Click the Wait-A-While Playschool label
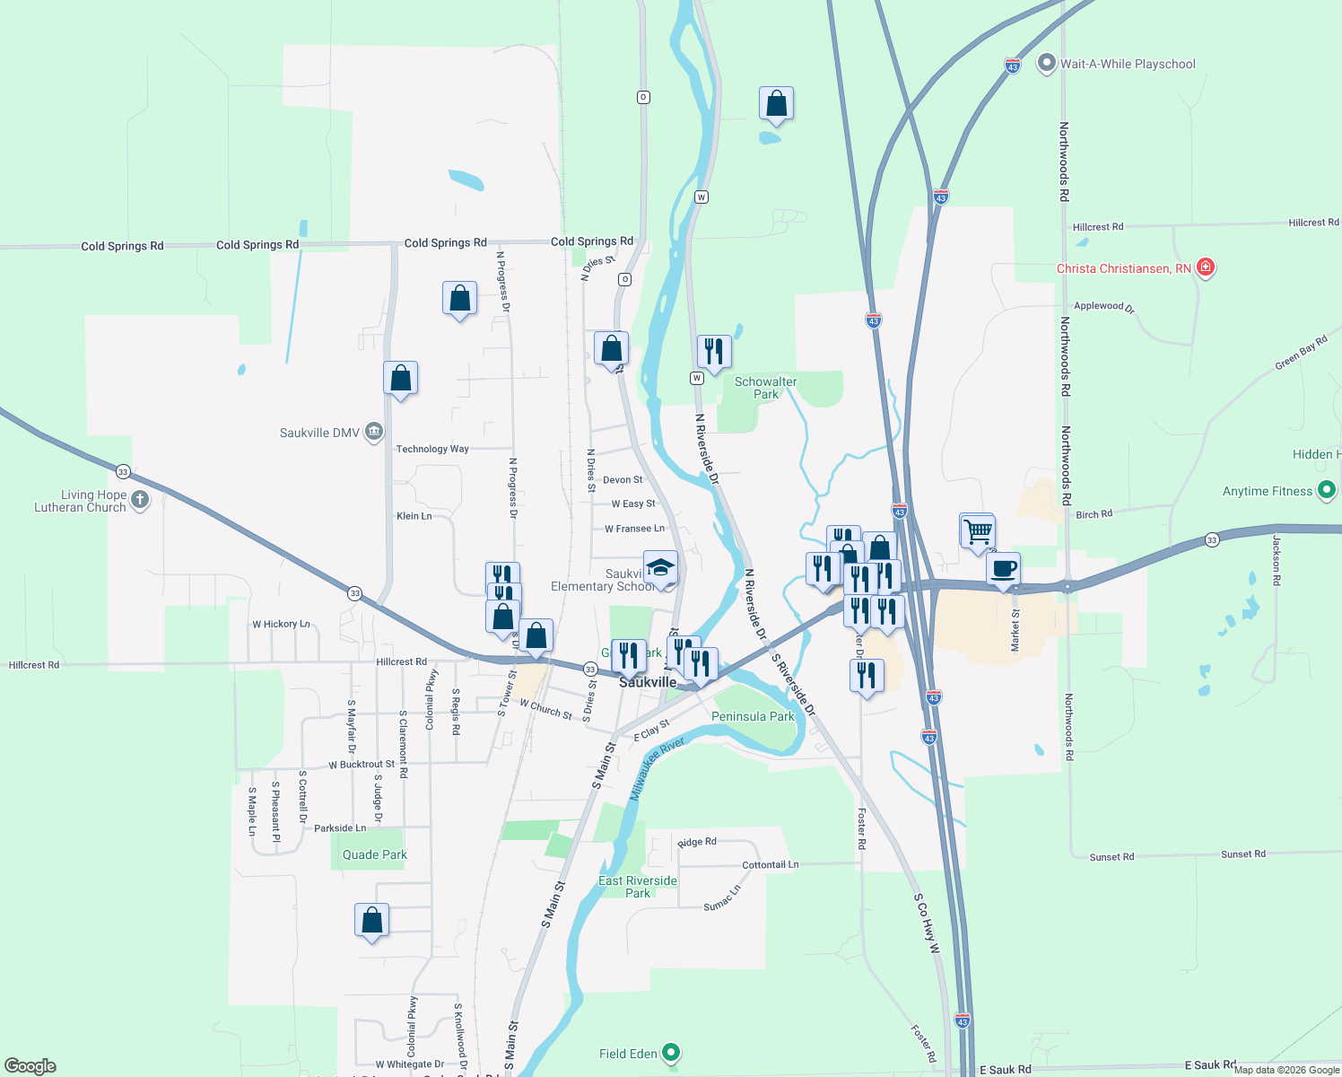tap(1128, 64)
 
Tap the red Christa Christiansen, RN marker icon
tap(1206, 267)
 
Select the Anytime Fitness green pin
tap(1327, 490)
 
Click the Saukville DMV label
tap(319, 433)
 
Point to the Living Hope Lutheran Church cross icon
tap(139, 500)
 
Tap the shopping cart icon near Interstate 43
tap(977, 530)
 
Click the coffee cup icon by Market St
tap(1004, 569)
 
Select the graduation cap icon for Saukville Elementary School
tap(660, 568)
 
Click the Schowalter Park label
tap(765, 388)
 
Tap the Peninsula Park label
tap(753, 716)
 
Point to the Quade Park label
tap(375, 854)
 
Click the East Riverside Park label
tap(638, 887)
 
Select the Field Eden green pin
tap(672, 1053)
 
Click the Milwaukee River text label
tap(657, 768)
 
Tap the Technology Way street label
tap(432, 449)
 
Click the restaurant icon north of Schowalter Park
tap(714, 351)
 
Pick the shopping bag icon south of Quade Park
tap(371, 921)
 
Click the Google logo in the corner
tap(30, 1065)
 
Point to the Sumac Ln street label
tap(722, 898)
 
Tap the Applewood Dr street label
tap(1103, 306)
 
